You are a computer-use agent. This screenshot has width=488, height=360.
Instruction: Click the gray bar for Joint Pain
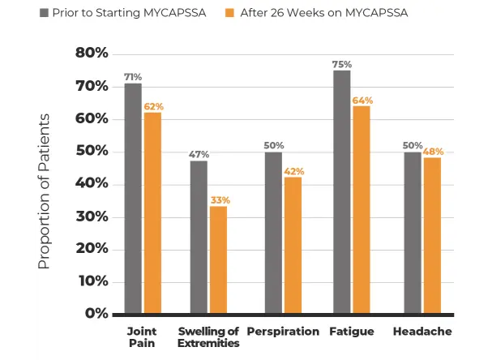click(x=133, y=198)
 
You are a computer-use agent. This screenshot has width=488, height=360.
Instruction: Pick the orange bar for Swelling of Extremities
click(x=218, y=259)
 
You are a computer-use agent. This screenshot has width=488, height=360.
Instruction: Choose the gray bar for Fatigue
click(x=341, y=191)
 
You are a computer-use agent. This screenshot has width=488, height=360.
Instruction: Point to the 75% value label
click(x=341, y=64)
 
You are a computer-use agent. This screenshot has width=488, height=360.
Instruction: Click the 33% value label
click(x=220, y=200)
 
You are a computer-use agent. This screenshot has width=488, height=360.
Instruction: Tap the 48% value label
click(x=433, y=152)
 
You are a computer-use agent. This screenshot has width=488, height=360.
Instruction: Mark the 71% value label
click(x=133, y=77)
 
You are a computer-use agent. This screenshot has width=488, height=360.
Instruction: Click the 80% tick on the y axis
click(x=91, y=54)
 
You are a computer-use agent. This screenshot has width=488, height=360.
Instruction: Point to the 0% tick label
click(x=96, y=314)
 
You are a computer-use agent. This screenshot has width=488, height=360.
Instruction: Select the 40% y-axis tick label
click(x=91, y=184)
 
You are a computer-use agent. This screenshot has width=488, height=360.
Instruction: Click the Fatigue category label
click(x=351, y=332)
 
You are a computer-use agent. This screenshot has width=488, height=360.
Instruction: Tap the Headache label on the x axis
click(x=422, y=332)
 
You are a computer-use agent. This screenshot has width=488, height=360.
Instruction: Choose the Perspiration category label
click(x=283, y=332)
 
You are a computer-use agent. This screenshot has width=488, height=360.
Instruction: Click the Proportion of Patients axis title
click(x=45, y=191)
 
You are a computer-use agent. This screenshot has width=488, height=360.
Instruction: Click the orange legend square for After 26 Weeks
click(x=230, y=13)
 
